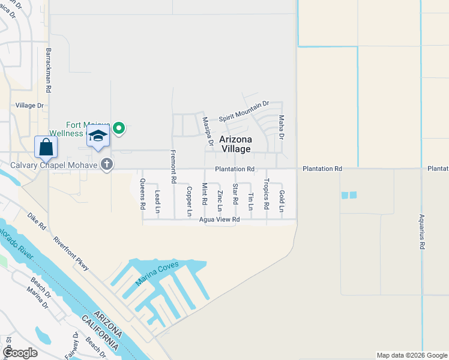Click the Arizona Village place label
point(235,144)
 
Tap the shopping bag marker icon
point(46,147)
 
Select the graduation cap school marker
point(98,136)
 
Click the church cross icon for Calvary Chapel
point(107,164)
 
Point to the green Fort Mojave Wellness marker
point(119,127)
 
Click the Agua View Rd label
point(220,220)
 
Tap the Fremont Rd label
point(173,166)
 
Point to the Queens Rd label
point(143,193)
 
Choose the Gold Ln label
point(281,200)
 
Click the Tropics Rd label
point(266,194)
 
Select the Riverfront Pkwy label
point(71,253)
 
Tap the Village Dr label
point(30,105)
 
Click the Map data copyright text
point(411,355)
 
